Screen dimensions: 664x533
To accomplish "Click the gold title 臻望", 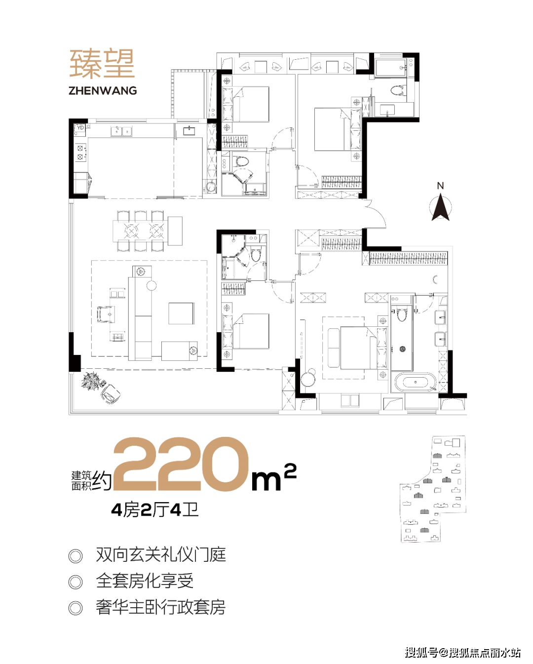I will (102, 64).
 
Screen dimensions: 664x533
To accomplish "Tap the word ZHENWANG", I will (103, 91).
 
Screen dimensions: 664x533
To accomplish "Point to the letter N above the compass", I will (440, 186).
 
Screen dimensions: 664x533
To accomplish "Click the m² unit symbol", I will (273, 477).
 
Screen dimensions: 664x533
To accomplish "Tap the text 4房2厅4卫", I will (155, 509).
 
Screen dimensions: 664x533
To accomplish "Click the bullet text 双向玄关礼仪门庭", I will (161, 555).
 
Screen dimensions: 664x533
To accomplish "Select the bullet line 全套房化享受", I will (145, 581).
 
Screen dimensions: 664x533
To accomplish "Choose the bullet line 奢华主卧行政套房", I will (161, 607).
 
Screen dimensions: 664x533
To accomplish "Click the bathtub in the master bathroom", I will (416, 383).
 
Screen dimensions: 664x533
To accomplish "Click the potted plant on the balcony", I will (90, 381).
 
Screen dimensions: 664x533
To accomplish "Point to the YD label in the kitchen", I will (80, 128).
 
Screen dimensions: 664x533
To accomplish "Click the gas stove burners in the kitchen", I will (80, 153).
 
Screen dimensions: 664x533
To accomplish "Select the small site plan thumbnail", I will (433, 489).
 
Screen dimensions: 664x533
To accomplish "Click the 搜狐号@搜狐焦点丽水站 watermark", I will (463, 653).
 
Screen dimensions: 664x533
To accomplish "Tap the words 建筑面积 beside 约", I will (81, 480).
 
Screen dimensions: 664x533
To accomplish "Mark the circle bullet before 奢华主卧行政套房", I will (76, 608).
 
